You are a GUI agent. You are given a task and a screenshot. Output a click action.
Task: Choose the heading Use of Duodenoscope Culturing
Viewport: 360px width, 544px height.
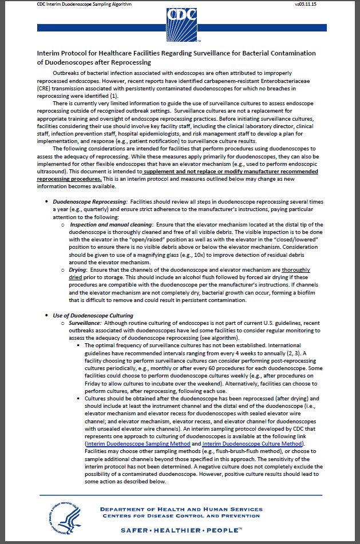[93, 315]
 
